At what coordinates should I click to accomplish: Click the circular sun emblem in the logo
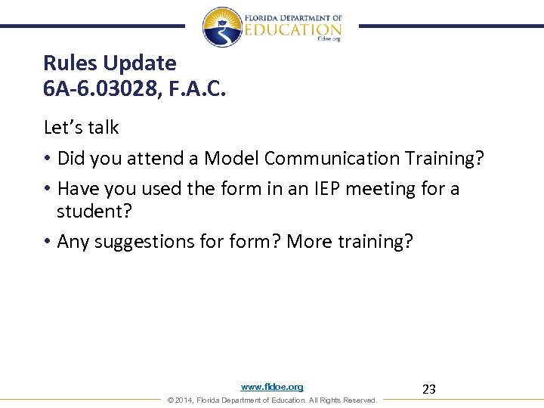222,26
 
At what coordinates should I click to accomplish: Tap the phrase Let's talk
81,128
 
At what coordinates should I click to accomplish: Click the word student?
94,211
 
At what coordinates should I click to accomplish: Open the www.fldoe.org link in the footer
272,387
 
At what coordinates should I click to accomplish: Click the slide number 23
428,390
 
